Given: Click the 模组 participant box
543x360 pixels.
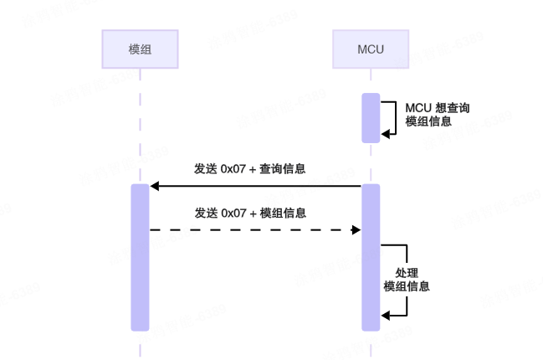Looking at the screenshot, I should pyautogui.click(x=140, y=49).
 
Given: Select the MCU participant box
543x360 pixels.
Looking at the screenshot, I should pyautogui.click(x=370, y=49).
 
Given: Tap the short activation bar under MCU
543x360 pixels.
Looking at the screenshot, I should pyautogui.click(x=370, y=117).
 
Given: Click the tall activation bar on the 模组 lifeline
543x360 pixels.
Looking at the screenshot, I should pyautogui.click(x=140, y=257).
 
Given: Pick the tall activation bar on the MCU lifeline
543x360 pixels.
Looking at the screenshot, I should pyautogui.click(x=370, y=257).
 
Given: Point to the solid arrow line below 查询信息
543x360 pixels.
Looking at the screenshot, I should pyautogui.click(x=255, y=186).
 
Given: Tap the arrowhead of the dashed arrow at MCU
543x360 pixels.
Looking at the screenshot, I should pyautogui.click(x=356, y=229).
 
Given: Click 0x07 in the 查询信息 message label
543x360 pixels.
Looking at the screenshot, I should pyautogui.click(x=234, y=168).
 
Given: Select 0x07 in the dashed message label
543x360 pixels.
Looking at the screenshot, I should pyautogui.click(x=234, y=213).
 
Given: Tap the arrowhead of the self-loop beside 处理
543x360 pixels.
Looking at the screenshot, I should pyautogui.click(x=385, y=315).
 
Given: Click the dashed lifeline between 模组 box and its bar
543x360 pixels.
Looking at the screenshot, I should pyautogui.click(x=140, y=126).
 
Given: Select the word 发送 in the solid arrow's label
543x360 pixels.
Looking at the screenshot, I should pyautogui.click(x=205, y=168).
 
